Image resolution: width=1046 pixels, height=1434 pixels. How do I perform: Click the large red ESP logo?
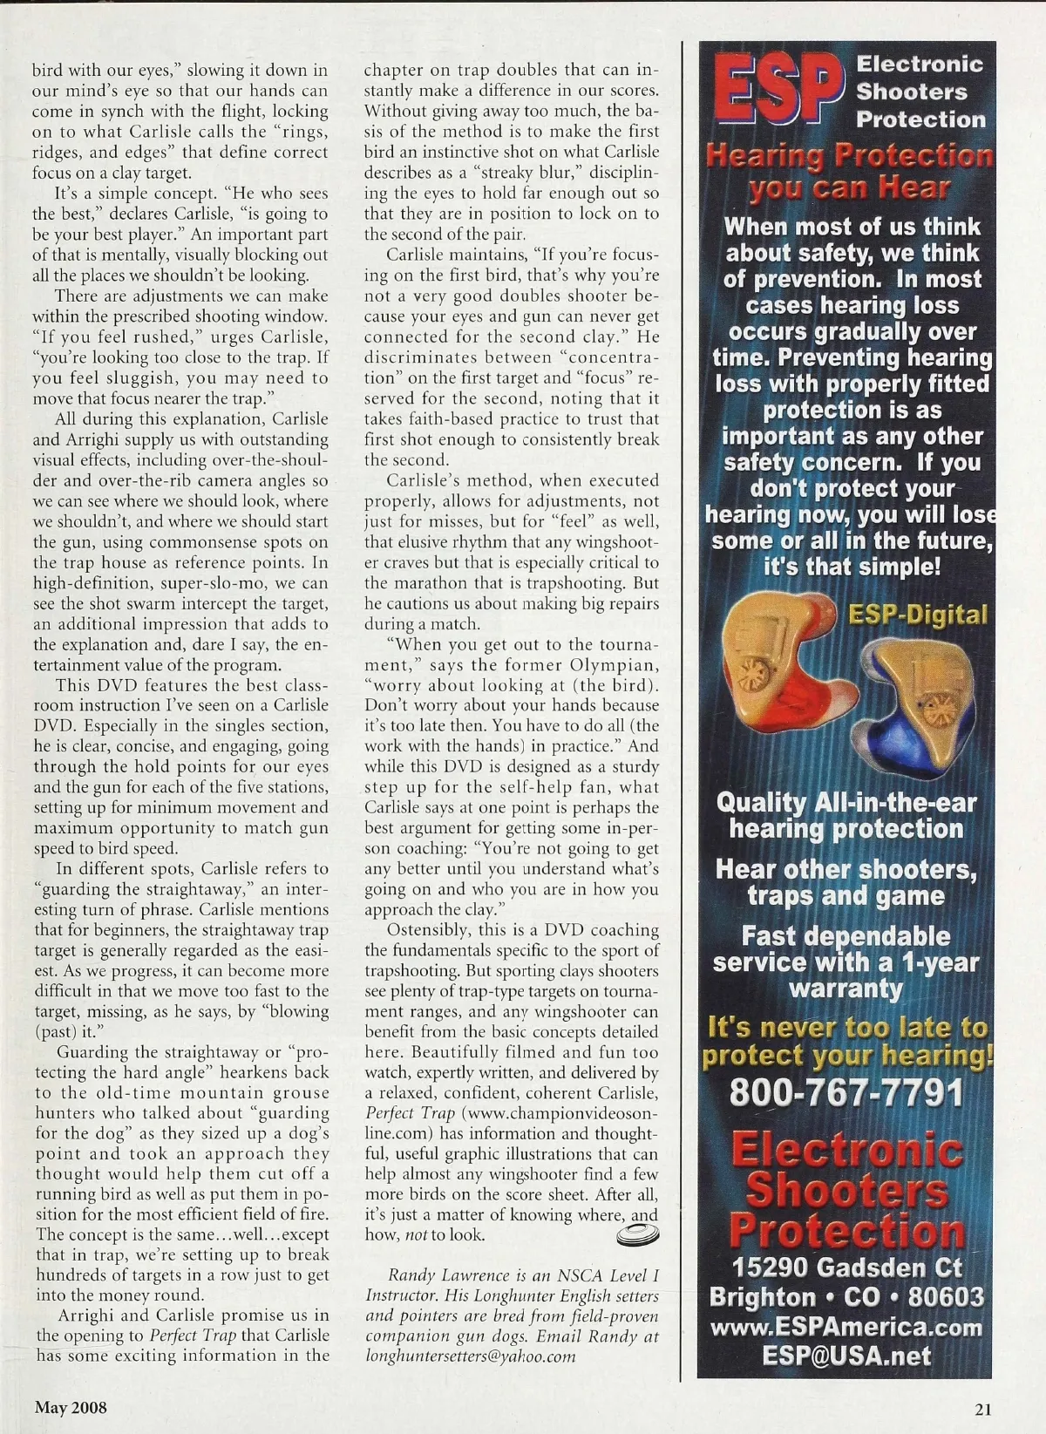tap(778, 89)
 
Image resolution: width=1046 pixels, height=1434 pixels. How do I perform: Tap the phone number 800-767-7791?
tap(846, 1092)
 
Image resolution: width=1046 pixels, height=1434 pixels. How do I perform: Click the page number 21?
tap(983, 1408)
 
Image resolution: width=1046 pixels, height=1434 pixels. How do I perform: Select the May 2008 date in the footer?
tap(71, 1407)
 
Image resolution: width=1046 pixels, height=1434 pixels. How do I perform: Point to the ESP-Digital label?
tap(918, 615)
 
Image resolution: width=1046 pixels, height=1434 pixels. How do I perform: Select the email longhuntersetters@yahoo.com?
tap(471, 1356)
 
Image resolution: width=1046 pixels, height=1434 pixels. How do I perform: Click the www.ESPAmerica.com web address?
tap(846, 1328)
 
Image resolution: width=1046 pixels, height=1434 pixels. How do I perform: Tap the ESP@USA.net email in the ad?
tap(846, 1356)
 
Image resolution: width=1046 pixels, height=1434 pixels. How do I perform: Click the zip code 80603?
tap(946, 1297)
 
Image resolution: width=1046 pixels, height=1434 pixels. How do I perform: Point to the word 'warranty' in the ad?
tap(846, 989)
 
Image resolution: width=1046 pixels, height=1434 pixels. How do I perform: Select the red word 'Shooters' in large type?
tap(846, 1191)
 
